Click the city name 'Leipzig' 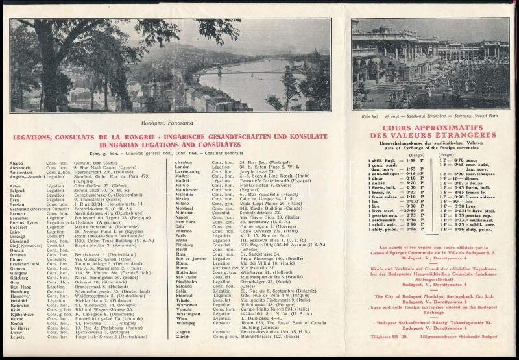(x=19, y=337)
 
